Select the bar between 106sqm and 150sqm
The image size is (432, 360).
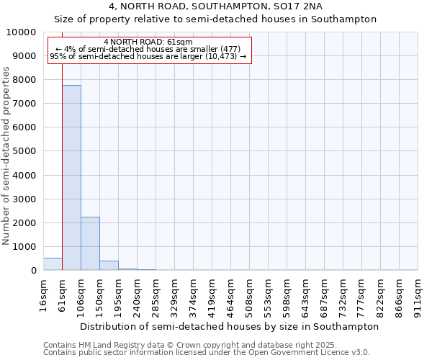coord(90,243)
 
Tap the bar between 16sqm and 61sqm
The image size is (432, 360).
coord(53,264)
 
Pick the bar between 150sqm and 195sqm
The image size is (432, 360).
coord(109,265)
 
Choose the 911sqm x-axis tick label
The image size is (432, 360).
coord(418,297)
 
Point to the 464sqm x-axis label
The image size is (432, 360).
coord(231,297)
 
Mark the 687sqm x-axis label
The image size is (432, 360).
coord(325,297)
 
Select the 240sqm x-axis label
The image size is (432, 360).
coord(138,297)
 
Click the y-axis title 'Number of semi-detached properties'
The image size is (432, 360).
coord(7,156)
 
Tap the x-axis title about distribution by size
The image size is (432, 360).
coord(229,326)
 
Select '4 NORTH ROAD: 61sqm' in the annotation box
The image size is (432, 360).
coord(148,42)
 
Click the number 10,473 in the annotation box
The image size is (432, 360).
coord(221,56)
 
